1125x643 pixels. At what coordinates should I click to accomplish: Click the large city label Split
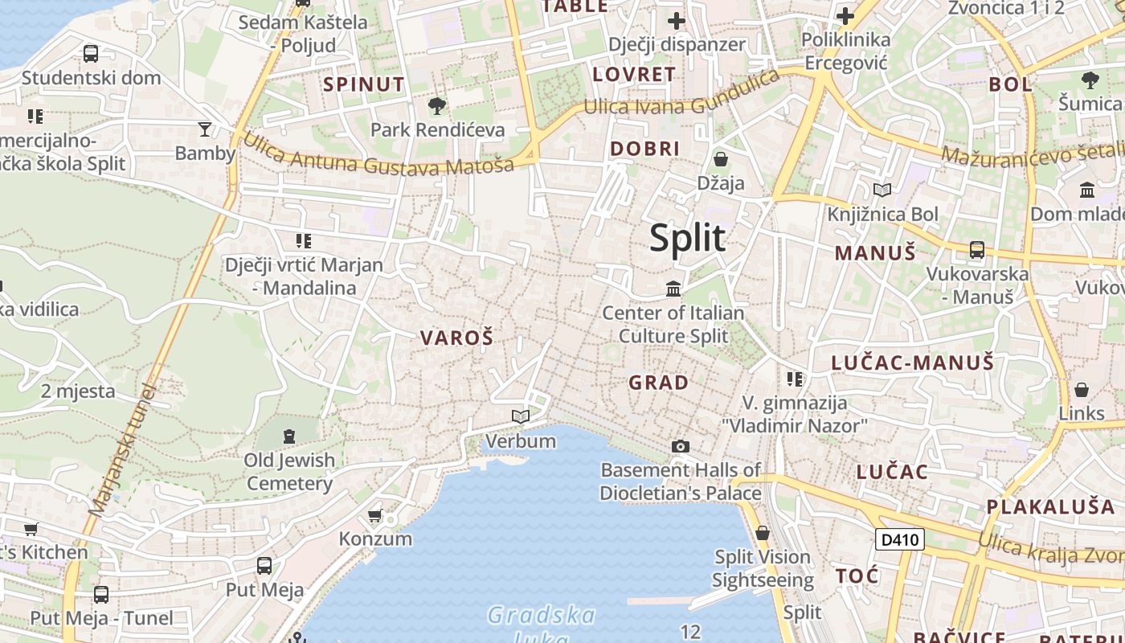coord(687,238)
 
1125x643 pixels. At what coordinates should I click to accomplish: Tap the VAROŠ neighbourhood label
coord(456,338)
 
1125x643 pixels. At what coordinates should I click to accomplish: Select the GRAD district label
coord(659,383)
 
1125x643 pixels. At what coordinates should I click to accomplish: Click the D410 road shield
coord(899,539)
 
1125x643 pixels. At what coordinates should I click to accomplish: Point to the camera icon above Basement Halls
coord(681,446)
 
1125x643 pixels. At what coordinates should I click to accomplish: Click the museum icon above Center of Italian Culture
coord(673,288)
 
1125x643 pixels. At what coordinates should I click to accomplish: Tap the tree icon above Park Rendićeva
coord(437,104)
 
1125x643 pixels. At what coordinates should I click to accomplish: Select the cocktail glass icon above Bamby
coord(205,129)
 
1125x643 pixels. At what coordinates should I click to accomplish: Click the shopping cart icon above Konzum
coord(374,515)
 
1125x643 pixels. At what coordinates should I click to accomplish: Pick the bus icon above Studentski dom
coord(91,54)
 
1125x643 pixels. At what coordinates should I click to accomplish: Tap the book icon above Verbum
coord(521,416)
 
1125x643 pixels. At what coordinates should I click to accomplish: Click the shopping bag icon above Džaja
coord(721,159)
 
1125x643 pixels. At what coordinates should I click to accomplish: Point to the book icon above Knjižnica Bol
coord(882,190)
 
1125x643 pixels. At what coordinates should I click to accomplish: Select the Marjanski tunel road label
coord(122,450)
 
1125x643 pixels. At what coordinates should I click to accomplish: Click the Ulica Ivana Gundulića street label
coord(681,95)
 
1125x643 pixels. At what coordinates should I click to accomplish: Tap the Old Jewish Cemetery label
coord(289,472)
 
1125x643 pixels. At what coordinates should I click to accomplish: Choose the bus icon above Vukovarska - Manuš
coord(977,249)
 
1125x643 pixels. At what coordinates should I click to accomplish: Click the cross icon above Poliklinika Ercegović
coord(845,15)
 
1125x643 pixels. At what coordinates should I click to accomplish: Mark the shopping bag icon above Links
coord(1082,390)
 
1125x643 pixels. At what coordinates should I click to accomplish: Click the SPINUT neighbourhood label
coord(364,84)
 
